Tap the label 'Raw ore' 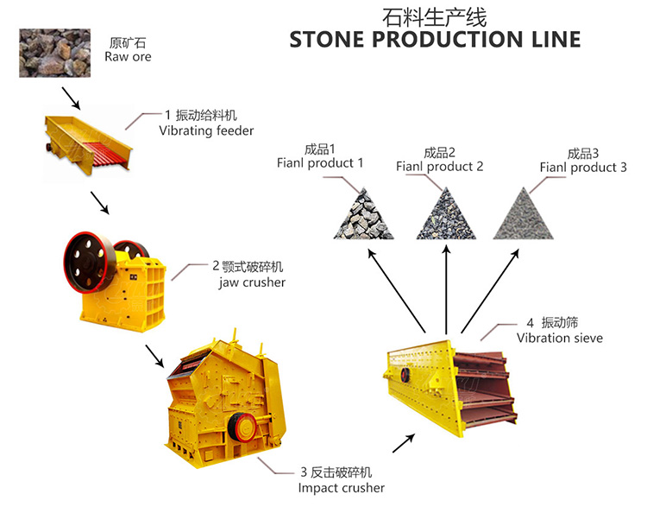[x=128, y=57]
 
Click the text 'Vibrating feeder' [x=206, y=130]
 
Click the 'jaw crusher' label [x=252, y=282]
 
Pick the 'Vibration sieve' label [x=559, y=338]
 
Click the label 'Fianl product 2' [x=440, y=166]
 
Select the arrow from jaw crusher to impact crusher [x=154, y=355]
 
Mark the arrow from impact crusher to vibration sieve [x=402, y=441]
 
